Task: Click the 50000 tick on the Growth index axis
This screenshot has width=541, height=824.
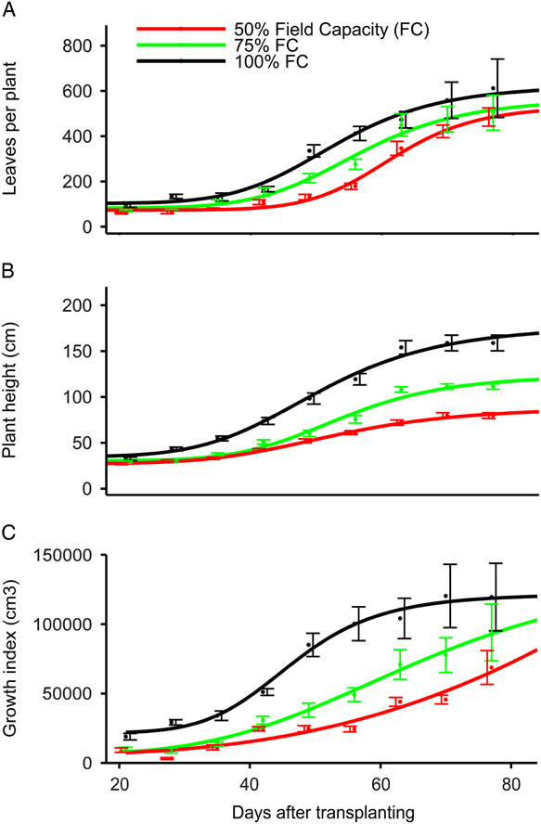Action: [x=65, y=693]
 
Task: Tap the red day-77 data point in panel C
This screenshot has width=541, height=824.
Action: [x=492, y=668]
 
